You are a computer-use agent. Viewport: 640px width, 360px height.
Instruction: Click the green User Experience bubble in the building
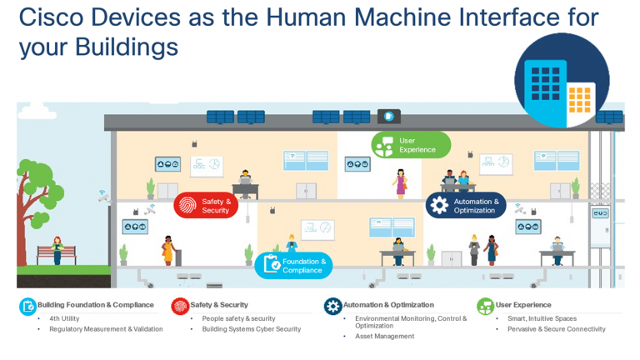411,145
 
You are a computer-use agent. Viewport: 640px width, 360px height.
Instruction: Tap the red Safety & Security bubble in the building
207,206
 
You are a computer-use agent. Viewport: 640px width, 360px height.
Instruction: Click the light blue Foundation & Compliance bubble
293,265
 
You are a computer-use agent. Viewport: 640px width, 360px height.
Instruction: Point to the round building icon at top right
562,80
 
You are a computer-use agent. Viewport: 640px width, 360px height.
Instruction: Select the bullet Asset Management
384,337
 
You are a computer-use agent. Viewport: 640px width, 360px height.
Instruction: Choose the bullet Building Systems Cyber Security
252,329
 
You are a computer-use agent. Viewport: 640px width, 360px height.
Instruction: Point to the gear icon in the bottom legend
332,306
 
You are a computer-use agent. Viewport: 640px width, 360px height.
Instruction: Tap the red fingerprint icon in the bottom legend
180,306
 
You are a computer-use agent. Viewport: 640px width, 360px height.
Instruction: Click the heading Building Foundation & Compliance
96,305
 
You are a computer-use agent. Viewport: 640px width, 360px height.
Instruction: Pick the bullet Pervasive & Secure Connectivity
557,329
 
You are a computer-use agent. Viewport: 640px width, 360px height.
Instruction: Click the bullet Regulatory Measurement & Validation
106,329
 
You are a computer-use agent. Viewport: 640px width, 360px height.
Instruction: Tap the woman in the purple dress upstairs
401,182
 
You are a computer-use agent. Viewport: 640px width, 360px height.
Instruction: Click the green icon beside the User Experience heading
485,306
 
